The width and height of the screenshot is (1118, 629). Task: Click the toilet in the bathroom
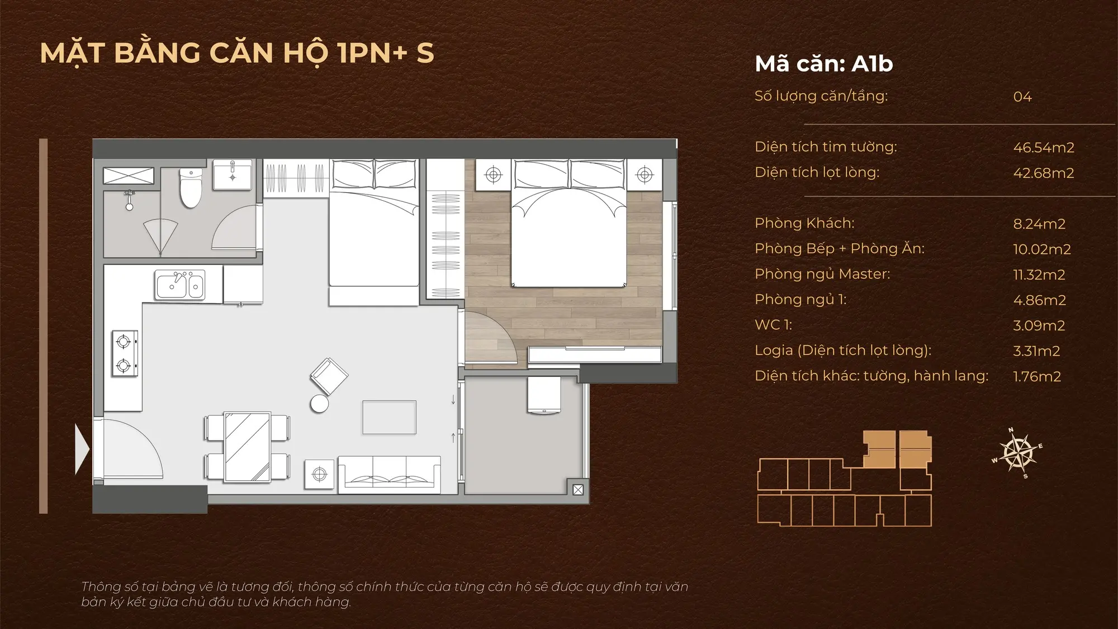(x=190, y=188)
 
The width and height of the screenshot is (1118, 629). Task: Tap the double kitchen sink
(x=181, y=285)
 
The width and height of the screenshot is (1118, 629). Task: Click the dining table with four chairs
(x=247, y=447)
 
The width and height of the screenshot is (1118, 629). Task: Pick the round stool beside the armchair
(x=320, y=404)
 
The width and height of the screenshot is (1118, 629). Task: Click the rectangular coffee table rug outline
(x=389, y=417)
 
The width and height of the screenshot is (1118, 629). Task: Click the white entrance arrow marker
(x=82, y=449)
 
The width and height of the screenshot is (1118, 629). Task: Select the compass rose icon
(x=1018, y=453)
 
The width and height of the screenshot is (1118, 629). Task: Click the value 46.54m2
(x=1044, y=148)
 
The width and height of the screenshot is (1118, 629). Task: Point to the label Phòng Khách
(x=804, y=223)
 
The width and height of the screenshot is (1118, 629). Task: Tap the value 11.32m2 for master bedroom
(x=1039, y=275)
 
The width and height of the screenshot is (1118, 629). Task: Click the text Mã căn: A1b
(x=823, y=64)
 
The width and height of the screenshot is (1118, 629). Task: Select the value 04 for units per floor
(x=1022, y=97)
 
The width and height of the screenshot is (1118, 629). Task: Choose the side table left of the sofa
(x=319, y=474)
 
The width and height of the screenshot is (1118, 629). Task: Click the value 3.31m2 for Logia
(x=1036, y=351)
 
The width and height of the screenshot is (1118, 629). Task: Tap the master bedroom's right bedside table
(x=645, y=174)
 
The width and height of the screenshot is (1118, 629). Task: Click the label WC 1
(x=773, y=325)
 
